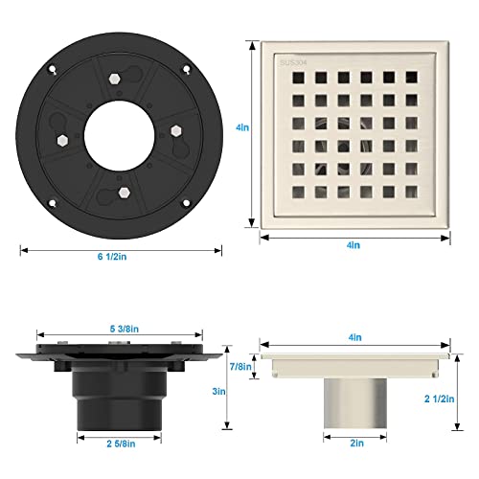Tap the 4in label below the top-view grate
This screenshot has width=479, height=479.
[x=354, y=245]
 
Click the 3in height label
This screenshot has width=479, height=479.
[x=217, y=391]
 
